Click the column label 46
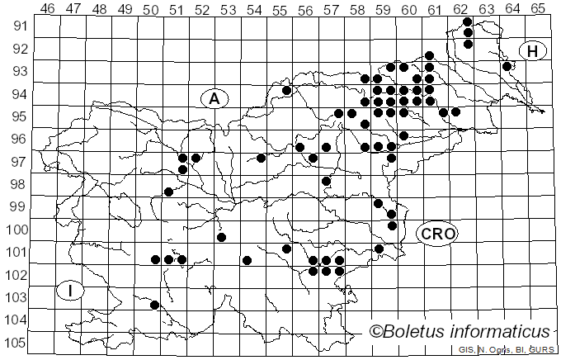(47, 8)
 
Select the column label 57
(331, 8)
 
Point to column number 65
(538, 8)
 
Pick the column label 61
(434, 8)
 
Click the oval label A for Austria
(214, 99)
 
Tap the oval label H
(533, 51)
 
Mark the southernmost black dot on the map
(154, 305)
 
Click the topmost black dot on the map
(468, 21)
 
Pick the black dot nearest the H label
(507, 66)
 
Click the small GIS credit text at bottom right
(505, 350)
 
